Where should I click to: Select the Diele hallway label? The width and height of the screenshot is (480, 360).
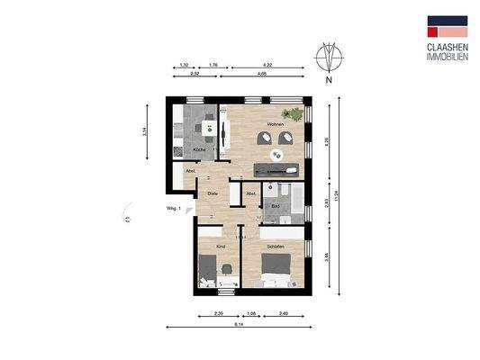(x=213, y=193)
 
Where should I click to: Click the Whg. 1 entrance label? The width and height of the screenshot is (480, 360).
(x=174, y=210)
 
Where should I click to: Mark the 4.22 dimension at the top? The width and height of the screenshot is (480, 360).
(x=267, y=66)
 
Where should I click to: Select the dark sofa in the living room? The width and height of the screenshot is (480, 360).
(x=279, y=169)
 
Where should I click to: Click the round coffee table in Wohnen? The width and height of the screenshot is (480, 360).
(x=277, y=154)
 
